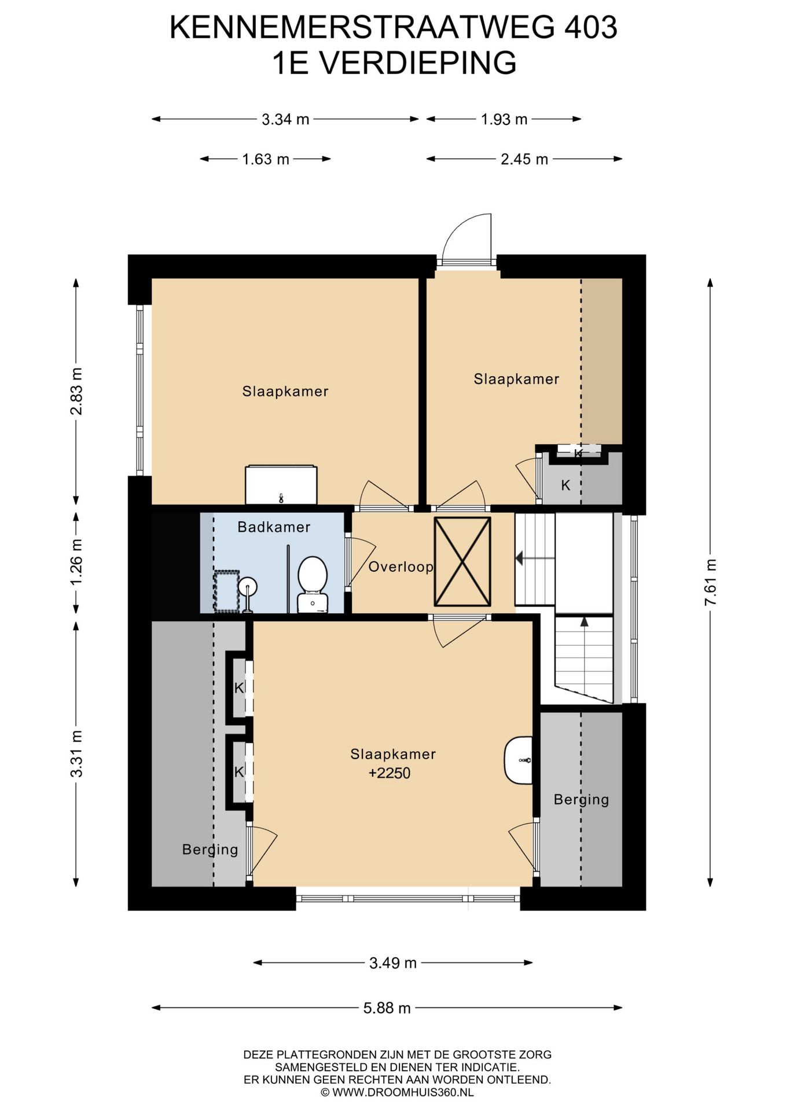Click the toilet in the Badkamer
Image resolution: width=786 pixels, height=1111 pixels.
pyautogui.click(x=313, y=584)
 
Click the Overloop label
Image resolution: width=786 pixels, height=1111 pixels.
pyautogui.click(x=401, y=567)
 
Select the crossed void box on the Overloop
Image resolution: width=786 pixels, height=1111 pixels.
pyautogui.click(x=462, y=561)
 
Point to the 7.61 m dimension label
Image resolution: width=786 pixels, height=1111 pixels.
pyautogui.click(x=710, y=582)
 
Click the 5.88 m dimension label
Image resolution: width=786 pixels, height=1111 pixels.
pyautogui.click(x=387, y=1009)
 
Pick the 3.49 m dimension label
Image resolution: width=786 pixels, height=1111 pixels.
pyautogui.click(x=393, y=963)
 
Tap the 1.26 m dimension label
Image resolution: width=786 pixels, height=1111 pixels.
pyautogui.click(x=76, y=562)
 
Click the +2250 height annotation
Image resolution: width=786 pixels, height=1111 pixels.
pyautogui.click(x=390, y=774)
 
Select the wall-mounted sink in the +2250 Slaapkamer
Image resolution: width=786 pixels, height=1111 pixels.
pyautogui.click(x=518, y=760)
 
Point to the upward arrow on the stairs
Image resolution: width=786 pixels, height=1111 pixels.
pyautogui.click(x=584, y=621)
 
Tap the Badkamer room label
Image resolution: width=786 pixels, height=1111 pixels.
pyautogui.click(x=274, y=527)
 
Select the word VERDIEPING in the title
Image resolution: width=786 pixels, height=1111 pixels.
pyautogui.click(x=418, y=62)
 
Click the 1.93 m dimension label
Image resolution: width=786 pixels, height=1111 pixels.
pyautogui.click(x=504, y=120)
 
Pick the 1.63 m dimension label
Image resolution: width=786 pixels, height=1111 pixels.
pyautogui.click(x=266, y=159)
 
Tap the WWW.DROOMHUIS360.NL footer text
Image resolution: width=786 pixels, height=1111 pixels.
pyautogui.click(x=402, y=1093)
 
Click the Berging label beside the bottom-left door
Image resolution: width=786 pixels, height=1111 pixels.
pyautogui.click(x=210, y=850)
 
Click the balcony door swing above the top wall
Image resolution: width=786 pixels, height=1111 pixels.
pyautogui.click(x=466, y=240)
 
